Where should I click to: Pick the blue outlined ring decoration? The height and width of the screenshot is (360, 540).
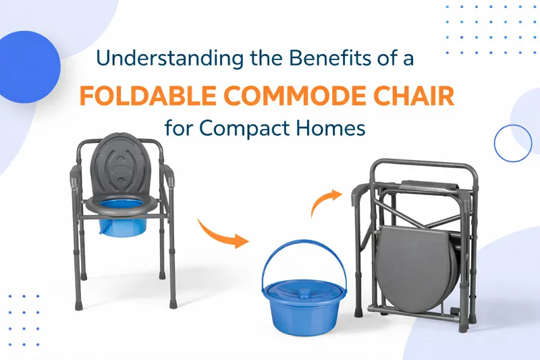(513, 143)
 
